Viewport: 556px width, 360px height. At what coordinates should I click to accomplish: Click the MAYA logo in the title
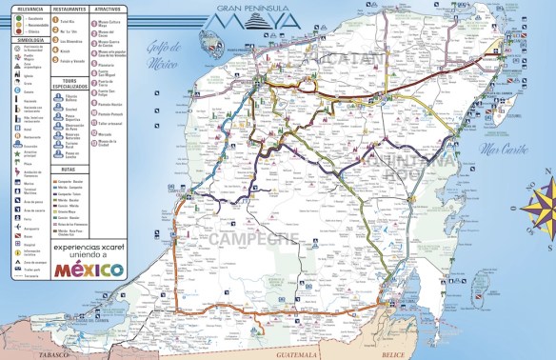click(x=248, y=18)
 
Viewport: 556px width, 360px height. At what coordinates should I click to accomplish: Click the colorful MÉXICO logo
click(x=89, y=269)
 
